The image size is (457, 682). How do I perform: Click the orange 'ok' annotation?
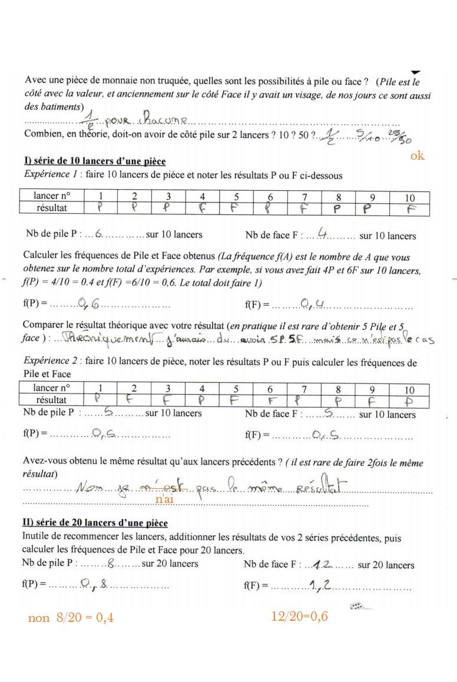pos(417,156)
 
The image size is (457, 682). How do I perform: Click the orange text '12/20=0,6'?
pos(299,616)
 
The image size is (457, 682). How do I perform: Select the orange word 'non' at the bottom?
pos(39,618)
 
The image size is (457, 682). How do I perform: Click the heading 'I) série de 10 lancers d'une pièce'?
pos(95,161)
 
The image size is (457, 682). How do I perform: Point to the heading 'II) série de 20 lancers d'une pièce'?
pos(95,523)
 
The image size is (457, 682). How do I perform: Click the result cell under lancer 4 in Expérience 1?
pos(202,208)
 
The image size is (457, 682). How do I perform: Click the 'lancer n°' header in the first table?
pos(51,196)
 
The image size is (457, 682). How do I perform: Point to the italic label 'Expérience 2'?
pos(52,362)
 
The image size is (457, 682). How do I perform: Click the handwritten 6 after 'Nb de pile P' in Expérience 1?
pos(98,234)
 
